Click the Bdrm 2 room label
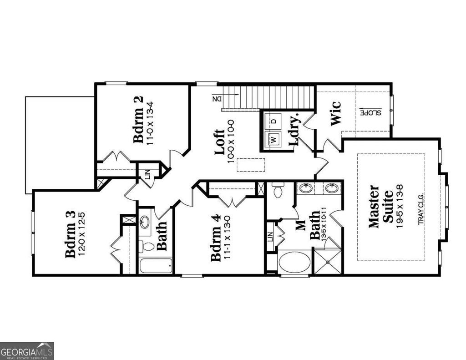pos(139,119)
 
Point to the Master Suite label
pos(380,206)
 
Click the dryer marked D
pos(274,121)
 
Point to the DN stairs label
pos(217,98)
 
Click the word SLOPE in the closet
pos(371,112)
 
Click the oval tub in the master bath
pos(294,262)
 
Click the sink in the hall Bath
pos(145,223)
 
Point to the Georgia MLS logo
pos(27,351)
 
